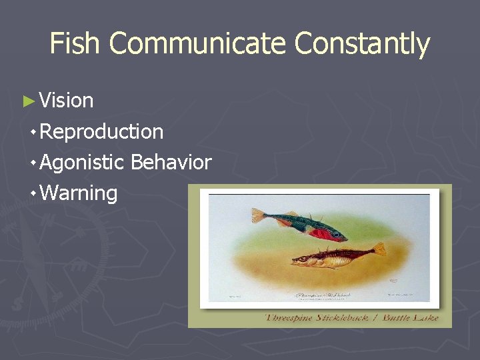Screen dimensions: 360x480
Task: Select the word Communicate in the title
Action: click(198, 44)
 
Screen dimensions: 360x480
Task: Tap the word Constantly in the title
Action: click(363, 44)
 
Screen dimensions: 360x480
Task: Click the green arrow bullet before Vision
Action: click(28, 101)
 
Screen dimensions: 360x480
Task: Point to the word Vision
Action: click(66, 101)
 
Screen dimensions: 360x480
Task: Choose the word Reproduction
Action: click(101, 132)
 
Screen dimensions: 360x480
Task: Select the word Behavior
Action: click(171, 162)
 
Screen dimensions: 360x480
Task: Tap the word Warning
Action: click(79, 193)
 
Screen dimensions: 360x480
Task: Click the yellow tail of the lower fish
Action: click(378, 249)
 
